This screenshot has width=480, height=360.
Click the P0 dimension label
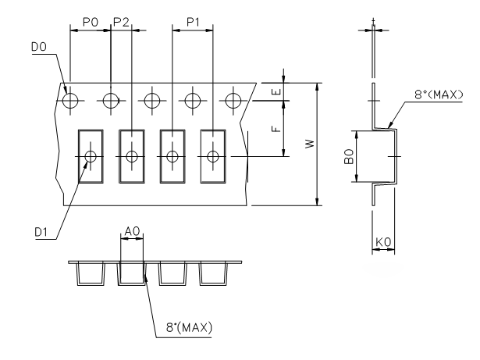click(91, 24)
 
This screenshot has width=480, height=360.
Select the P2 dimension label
click(121, 24)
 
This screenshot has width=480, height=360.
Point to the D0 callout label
click(38, 49)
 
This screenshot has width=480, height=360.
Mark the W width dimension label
click(310, 144)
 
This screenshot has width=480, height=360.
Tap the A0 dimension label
click(132, 232)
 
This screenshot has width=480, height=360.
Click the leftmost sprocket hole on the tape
click(71, 100)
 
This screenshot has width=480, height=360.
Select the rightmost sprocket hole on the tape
click(233, 100)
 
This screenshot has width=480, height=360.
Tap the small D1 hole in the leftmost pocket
click(91, 156)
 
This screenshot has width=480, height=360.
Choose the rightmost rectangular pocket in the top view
click(213, 156)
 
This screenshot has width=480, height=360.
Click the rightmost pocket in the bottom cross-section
click(211, 273)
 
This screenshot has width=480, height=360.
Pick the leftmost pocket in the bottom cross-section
click(90, 273)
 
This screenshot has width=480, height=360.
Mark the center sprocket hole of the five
click(151, 100)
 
